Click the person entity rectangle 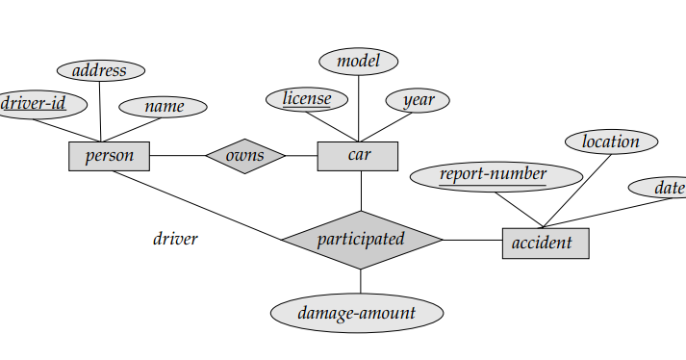[x=109, y=156]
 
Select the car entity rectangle [x=357, y=156]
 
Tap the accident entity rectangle [x=545, y=244]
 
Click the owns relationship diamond [x=245, y=156]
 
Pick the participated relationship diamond [x=361, y=240]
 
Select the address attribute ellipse [x=100, y=70]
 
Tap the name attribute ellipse [x=163, y=106]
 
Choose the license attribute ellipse [x=306, y=98]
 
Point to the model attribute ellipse [x=358, y=62]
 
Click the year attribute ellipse [x=418, y=100]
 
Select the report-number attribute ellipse [x=495, y=175]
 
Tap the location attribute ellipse [x=610, y=141]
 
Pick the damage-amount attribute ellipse [x=357, y=313]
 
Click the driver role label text [x=175, y=239]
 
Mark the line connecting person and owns [x=177, y=156]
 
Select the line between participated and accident [x=471, y=240]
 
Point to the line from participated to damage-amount [x=361, y=281]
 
